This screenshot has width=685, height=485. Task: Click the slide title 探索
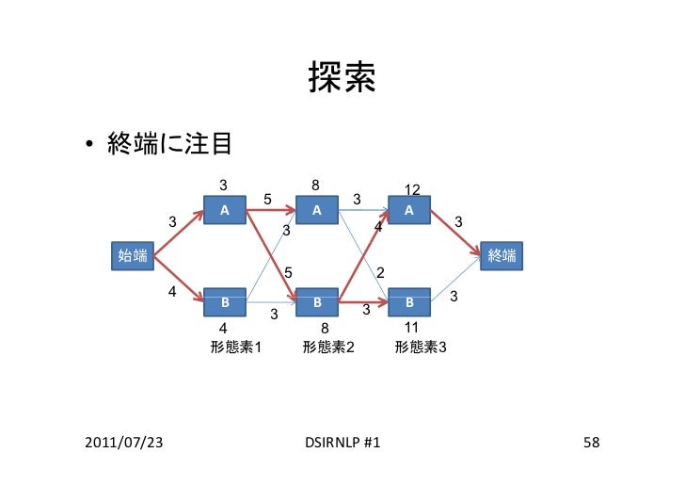tap(342, 82)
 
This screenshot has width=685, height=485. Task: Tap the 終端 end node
tap(502, 254)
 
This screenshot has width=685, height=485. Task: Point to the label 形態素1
tap(235, 347)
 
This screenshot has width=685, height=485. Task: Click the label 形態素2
tap(327, 347)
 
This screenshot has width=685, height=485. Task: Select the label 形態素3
tap(420, 347)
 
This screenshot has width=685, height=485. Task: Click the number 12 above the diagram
tap(412, 190)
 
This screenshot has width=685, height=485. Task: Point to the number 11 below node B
tap(411, 328)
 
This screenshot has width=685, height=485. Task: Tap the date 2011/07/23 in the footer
tap(121, 442)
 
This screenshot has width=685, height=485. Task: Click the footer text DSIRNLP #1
tap(342, 442)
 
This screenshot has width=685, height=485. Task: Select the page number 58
tap(591, 442)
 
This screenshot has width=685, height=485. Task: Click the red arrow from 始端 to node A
tap(179, 233)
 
